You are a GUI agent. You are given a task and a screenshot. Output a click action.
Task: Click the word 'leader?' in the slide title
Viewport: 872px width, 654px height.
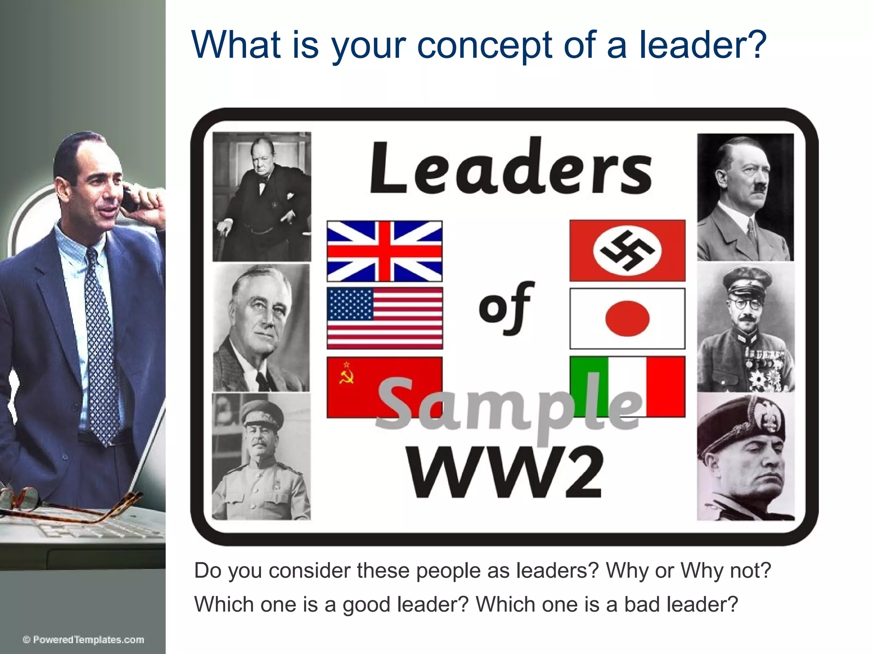(x=703, y=44)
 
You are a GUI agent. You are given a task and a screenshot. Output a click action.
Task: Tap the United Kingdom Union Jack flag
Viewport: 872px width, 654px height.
(x=384, y=251)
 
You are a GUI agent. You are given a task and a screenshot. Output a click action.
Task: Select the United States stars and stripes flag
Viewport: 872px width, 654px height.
(x=384, y=318)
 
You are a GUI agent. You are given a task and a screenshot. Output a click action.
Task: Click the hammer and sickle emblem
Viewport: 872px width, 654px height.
(x=346, y=374)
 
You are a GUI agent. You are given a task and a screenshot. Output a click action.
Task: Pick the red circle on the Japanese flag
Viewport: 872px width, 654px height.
(x=627, y=318)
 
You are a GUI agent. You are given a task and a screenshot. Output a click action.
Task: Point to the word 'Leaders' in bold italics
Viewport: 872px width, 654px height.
(x=511, y=168)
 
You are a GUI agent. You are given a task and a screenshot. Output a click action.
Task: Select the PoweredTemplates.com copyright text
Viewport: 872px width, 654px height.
(x=83, y=640)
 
